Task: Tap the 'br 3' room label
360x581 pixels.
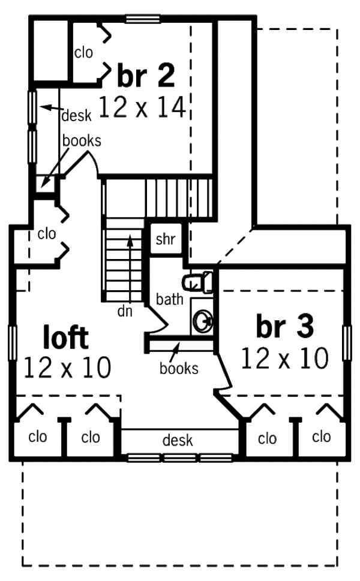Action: click(284, 327)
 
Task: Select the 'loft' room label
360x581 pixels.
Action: click(66, 338)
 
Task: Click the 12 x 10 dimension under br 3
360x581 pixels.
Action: click(284, 359)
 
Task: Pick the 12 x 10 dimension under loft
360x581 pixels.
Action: click(67, 368)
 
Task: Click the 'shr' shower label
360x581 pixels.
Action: click(165, 240)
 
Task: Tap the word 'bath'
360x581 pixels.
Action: click(170, 299)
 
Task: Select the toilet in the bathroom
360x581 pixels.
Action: click(199, 281)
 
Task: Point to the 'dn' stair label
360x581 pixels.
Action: click(125, 311)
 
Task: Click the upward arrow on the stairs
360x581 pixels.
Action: click(129, 264)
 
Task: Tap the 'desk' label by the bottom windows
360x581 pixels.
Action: click(178, 441)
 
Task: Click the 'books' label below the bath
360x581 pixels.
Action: click(179, 368)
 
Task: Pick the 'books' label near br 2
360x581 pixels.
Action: click(82, 142)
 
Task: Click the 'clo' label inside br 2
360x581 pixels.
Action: click(84, 53)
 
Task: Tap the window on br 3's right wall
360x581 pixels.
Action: click(347, 343)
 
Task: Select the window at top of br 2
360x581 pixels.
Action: click(143, 19)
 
